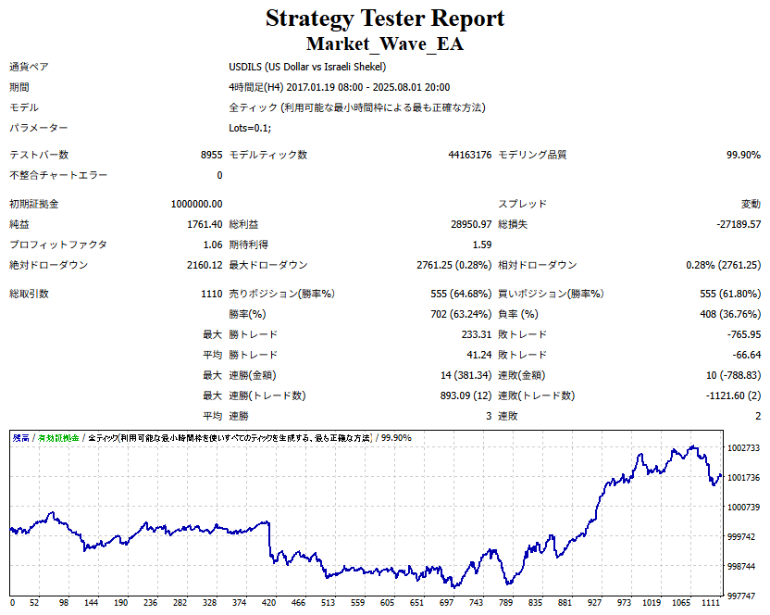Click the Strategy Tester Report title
click(385, 19)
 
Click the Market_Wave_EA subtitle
click(385, 44)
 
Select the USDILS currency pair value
click(307, 67)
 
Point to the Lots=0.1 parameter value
click(250, 128)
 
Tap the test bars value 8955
click(211, 155)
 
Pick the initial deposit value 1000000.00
click(196, 204)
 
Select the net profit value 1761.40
click(204, 224)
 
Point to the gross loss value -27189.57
click(734, 224)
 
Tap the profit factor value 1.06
click(211, 245)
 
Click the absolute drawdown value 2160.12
click(204, 265)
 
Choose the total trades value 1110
click(209, 294)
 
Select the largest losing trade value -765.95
click(743, 334)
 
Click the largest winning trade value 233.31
click(474, 334)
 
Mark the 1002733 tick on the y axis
click(743, 447)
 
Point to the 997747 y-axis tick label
click(743, 596)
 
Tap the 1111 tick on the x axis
click(710, 603)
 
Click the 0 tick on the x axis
click(12, 603)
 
